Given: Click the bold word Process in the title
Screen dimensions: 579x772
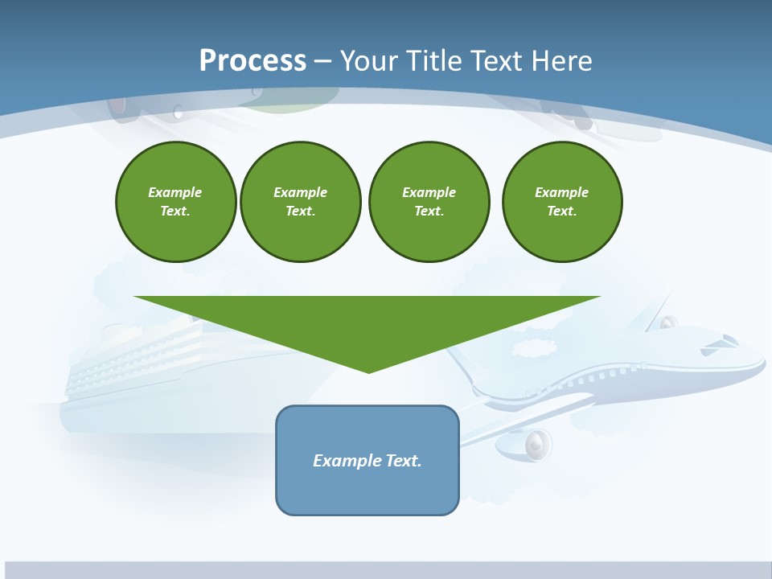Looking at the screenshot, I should pos(253,61).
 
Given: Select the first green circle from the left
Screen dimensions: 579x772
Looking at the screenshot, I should pos(175,202).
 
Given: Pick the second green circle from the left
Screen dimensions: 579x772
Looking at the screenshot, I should pos(300,202).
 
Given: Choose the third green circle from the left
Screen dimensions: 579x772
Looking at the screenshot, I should pos(429,202).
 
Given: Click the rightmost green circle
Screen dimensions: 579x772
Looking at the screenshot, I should pos(561,202).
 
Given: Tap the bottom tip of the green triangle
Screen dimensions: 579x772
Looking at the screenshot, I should pos(368,371).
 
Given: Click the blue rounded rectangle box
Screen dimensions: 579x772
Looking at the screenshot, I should pos(368,460).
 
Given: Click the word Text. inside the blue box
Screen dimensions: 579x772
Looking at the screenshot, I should pos(404,461).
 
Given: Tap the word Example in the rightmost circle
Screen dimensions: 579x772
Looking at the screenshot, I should pos(561,192).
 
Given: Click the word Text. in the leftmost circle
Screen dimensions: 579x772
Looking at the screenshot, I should pos(175,211).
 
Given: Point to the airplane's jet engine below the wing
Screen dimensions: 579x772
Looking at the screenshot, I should pos(534,443).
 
